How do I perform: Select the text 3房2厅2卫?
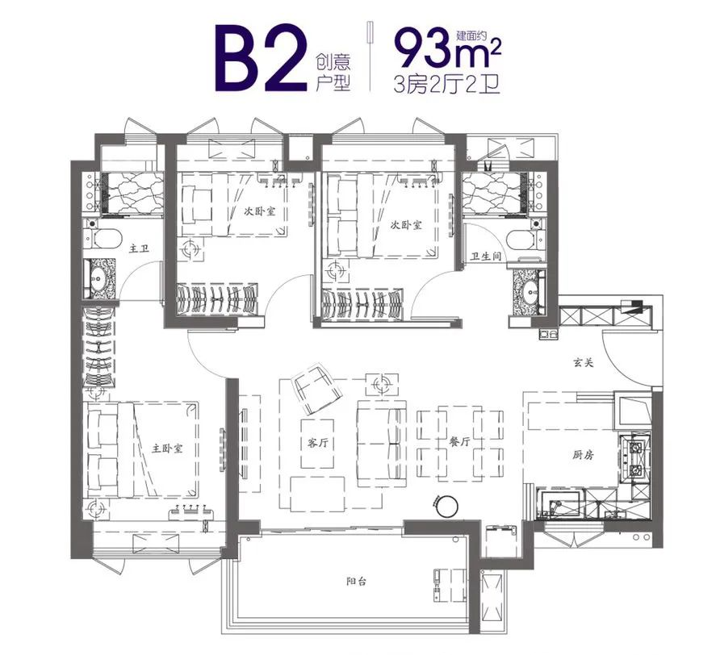447,85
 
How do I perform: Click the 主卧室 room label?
167,448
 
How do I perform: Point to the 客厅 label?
317,443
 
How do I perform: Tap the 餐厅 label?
459,442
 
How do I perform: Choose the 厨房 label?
583,455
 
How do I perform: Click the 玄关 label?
583,363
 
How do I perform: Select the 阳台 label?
357,582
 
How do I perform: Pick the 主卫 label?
139,248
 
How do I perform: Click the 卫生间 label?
485,257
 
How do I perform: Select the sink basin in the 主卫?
98,279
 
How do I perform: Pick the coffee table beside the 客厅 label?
317,444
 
